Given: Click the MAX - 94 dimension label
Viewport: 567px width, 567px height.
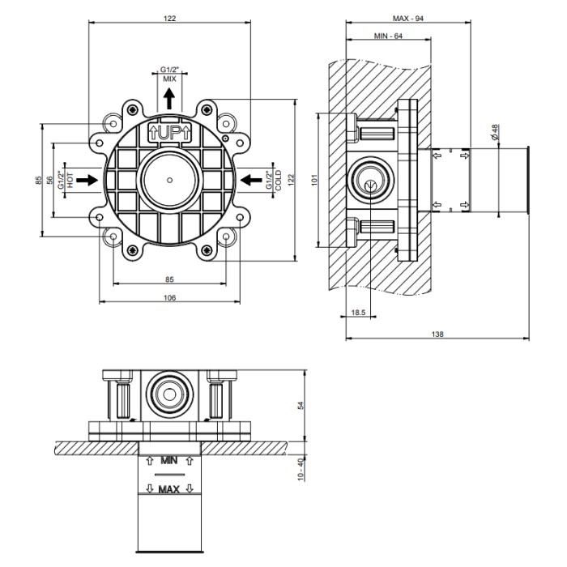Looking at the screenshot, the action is (x=408, y=18).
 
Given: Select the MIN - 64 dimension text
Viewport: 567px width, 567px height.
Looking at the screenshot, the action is (x=388, y=36).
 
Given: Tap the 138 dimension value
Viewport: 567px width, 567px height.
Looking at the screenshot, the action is (x=437, y=334).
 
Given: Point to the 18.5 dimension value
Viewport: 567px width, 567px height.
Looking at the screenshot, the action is (x=358, y=313).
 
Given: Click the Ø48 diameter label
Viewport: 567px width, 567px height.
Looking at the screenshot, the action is (x=495, y=131).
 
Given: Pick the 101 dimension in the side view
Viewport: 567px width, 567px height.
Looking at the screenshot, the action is (x=314, y=180).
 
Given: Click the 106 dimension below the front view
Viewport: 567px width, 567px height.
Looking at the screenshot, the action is (x=169, y=297).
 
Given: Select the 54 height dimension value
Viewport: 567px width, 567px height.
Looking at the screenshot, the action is (x=301, y=405).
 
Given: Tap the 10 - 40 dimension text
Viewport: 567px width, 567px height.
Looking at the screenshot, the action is (x=301, y=469).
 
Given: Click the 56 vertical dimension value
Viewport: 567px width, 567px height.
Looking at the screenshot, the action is (x=50, y=180).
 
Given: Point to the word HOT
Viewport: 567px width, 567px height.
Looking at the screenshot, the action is (x=70, y=180).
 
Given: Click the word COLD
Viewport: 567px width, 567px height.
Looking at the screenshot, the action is (x=278, y=181).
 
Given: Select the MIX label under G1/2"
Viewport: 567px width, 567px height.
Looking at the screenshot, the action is (x=169, y=79).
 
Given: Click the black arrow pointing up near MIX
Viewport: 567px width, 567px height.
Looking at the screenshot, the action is (x=168, y=99).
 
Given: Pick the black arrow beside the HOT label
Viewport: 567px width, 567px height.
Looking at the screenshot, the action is (x=87, y=180).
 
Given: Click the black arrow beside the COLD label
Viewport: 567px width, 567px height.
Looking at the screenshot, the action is (x=251, y=180).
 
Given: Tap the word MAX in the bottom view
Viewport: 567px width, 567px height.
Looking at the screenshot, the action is (x=169, y=489).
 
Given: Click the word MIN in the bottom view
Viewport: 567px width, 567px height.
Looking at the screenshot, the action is (x=169, y=461).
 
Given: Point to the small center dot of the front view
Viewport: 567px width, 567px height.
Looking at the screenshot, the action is (x=169, y=180).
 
